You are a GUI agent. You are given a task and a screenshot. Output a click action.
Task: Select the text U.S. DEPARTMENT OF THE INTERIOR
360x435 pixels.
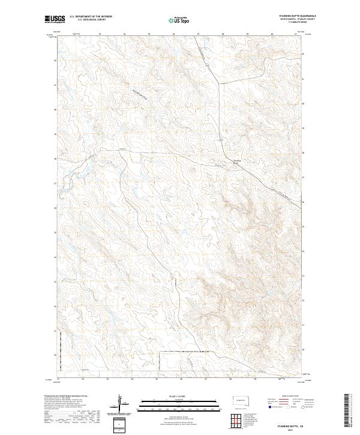[x=91, y=16]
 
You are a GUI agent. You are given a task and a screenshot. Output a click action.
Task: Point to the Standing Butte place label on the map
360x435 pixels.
[x=236, y=161]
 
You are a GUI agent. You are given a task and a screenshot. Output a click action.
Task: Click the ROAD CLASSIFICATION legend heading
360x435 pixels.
[x=284, y=397]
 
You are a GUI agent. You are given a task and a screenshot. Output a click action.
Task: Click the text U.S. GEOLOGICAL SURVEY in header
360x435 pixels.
[x=91, y=20]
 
